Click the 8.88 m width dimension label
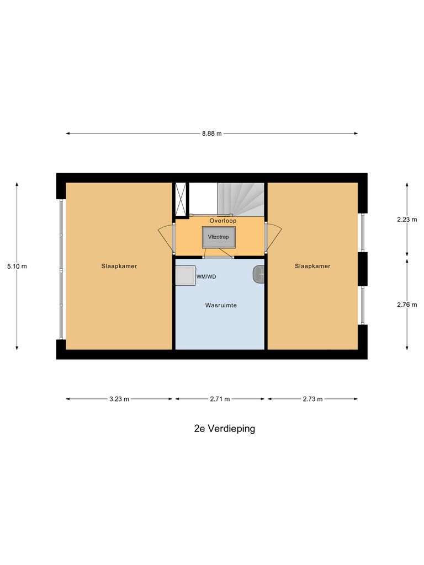tap(211, 134)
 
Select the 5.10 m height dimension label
tap(17, 266)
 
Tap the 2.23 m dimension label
tap(407, 219)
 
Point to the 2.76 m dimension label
tap(407, 304)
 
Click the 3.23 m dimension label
tap(119, 399)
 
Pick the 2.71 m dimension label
tap(220, 399)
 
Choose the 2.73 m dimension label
tap(312, 399)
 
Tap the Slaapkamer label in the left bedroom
tap(119, 266)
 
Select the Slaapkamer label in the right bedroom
tap(312, 266)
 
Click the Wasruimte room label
tap(221, 305)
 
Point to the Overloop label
tap(222, 221)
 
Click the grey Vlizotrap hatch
tap(218, 237)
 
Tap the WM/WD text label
tap(206, 276)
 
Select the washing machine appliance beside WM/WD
tap(185, 275)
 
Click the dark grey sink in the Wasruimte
tap(258, 274)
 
